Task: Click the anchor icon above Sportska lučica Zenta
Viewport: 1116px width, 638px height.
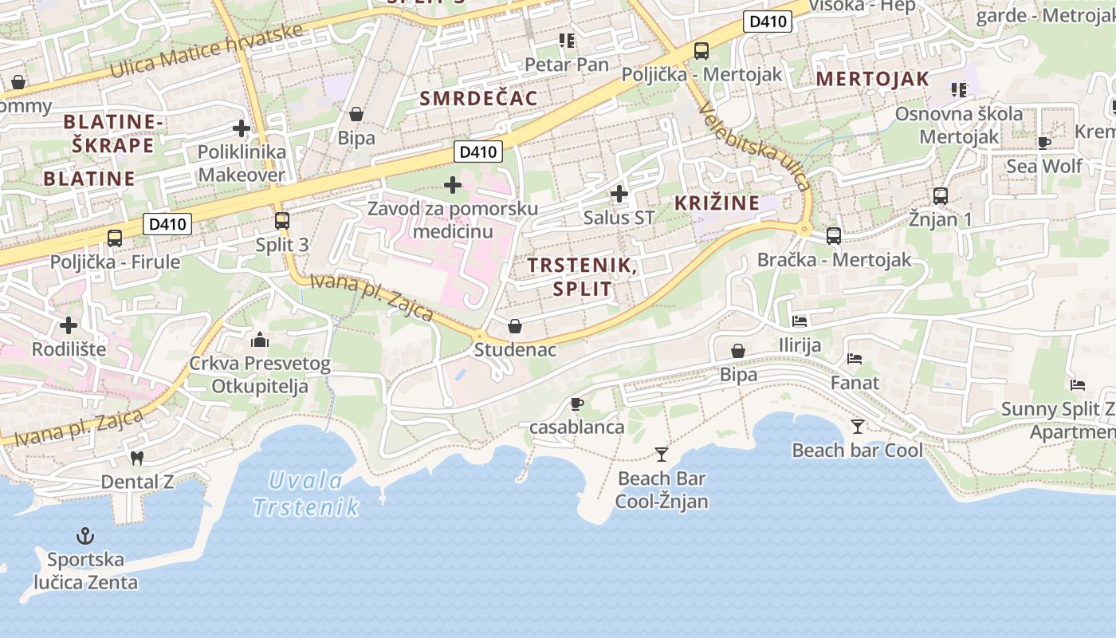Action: (x=84, y=536)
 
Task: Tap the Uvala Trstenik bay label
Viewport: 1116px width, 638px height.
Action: (x=306, y=494)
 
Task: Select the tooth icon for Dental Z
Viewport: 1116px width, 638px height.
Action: (x=136, y=459)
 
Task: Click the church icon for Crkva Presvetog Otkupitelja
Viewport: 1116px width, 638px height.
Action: (x=260, y=341)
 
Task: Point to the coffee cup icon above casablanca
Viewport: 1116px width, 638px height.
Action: (x=577, y=404)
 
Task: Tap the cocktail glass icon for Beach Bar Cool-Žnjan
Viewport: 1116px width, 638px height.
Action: (x=662, y=455)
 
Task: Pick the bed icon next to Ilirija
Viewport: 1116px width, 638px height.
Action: (x=800, y=321)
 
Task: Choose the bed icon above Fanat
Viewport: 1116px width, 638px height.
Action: (x=855, y=359)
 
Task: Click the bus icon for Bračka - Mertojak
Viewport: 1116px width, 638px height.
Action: (x=834, y=236)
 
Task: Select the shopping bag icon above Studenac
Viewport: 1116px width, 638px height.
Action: (x=515, y=326)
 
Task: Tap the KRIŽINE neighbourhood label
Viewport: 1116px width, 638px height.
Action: (x=717, y=203)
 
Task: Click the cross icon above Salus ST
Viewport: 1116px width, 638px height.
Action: (x=619, y=194)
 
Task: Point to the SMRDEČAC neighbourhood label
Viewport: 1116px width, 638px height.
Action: (x=478, y=98)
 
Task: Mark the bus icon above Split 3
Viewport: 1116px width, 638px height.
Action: (x=282, y=221)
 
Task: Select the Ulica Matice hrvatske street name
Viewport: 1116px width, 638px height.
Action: (x=207, y=50)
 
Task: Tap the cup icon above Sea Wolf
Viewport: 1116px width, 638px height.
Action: (x=1044, y=143)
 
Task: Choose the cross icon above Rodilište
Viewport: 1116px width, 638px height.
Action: (x=69, y=325)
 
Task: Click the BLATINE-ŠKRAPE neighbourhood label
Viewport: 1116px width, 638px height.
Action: (x=113, y=133)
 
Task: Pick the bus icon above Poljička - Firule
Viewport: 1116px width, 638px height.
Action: (x=115, y=238)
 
